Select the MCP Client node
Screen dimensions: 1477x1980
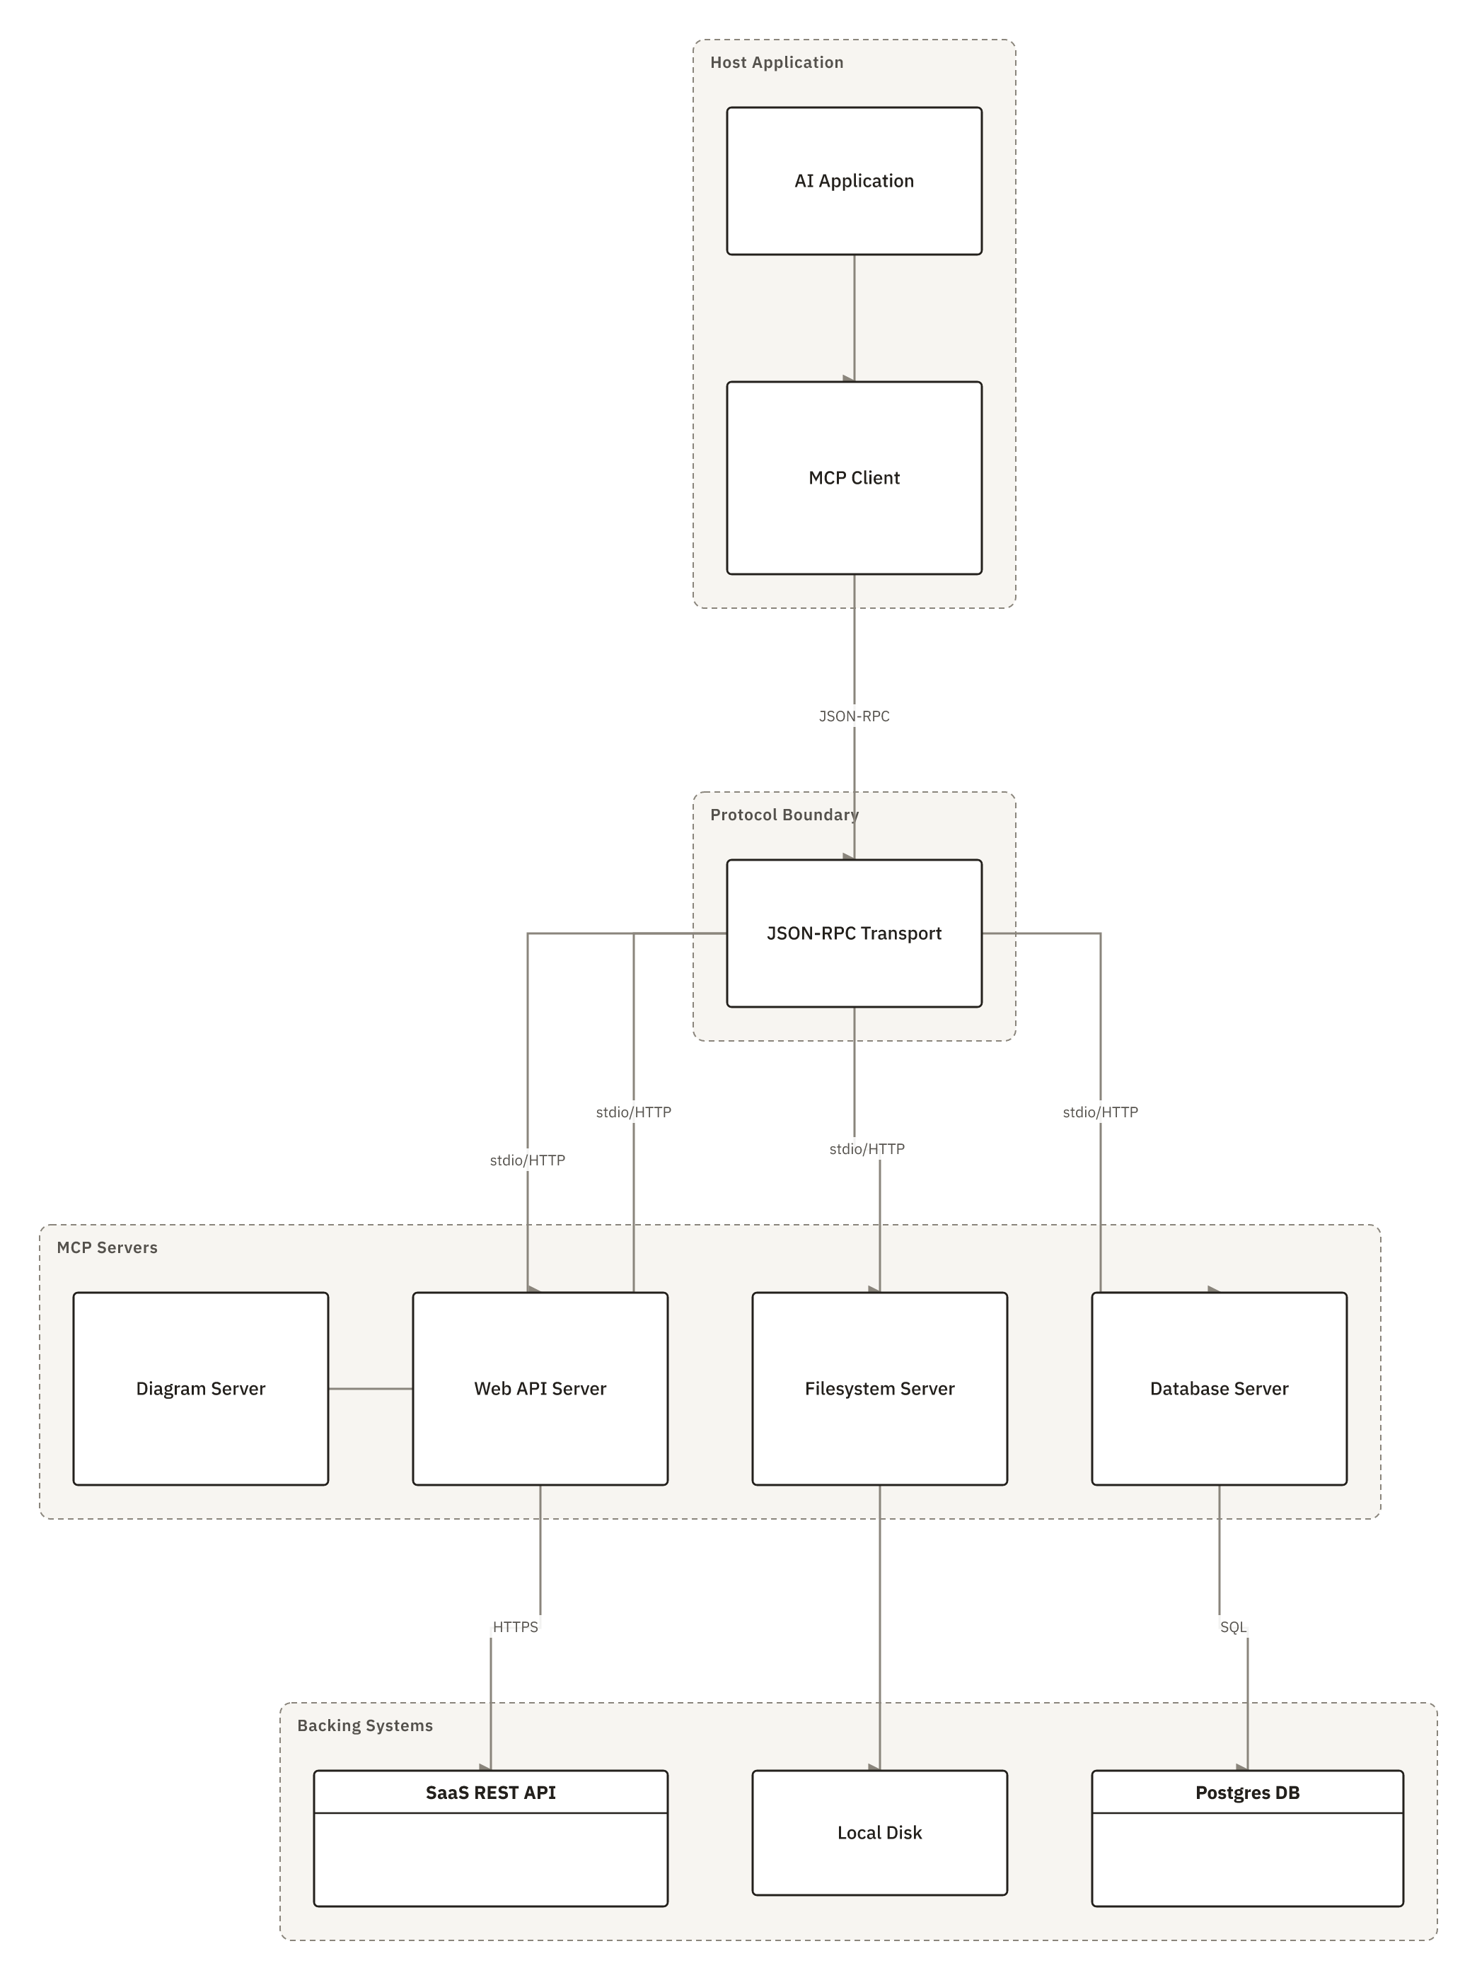tap(854, 478)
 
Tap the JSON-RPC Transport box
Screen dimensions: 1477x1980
tap(854, 933)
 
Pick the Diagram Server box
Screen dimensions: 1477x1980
tap(200, 1388)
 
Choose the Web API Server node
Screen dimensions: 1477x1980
tap(540, 1388)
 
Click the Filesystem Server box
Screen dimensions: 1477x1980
tap(880, 1388)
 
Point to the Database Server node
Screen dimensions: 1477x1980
tap(1220, 1388)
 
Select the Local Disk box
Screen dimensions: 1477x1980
tap(880, 1832)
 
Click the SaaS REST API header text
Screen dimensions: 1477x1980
tap(491, 1793)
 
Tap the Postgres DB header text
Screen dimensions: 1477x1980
tap(1247, 1793)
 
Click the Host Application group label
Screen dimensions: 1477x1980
tap(777, 62)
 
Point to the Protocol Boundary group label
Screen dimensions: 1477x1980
tap(784, 815)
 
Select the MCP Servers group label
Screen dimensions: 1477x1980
tap(108, 1247)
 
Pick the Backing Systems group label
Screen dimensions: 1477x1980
tap(365, 1725)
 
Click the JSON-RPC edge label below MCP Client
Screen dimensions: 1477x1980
tap(854, 716)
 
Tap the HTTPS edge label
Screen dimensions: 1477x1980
tap(516, 1627)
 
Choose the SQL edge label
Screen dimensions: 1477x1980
tap(1233, 1627)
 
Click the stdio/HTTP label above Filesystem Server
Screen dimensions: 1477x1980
tap(867, 1148)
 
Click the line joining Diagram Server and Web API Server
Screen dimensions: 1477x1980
tap(370, 1388)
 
